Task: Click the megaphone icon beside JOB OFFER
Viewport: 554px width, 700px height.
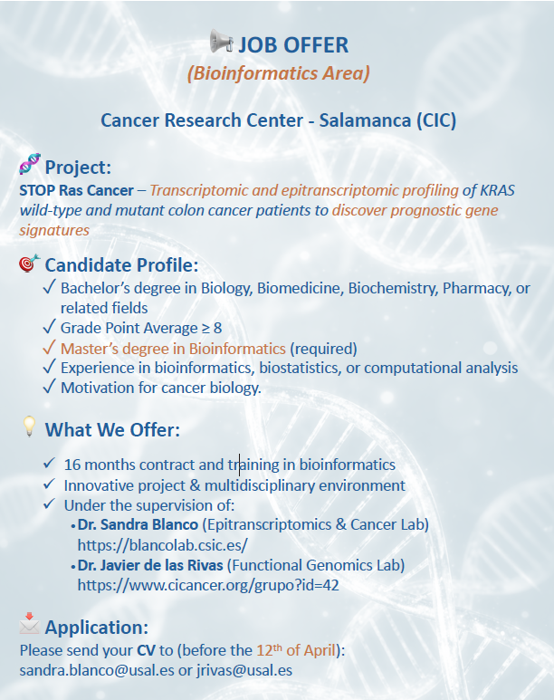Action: click(222, 41)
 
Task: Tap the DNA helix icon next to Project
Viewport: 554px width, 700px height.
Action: click(30, 164)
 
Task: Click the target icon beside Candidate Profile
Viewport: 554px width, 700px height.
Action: click(30, 264)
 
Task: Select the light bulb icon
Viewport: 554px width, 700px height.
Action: click(29, 427)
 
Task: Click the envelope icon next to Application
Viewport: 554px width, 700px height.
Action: click(30, 623)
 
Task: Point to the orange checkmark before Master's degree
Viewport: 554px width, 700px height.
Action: click(49, 347)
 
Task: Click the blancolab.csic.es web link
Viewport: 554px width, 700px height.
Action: click(163, 545)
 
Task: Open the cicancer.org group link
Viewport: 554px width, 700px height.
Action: click(208, 585)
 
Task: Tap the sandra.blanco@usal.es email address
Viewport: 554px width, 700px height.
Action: click(97, 670)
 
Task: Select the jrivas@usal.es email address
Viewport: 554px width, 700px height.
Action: click(244, 670)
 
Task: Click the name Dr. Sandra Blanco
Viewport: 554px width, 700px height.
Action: click(138, 524)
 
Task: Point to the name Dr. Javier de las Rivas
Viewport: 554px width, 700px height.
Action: click(150, 565)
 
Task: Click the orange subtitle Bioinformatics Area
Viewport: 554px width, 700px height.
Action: click(279, 73)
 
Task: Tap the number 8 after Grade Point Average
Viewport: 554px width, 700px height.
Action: click(217, 328)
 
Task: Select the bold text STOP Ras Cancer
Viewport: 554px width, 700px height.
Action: click(76, 190)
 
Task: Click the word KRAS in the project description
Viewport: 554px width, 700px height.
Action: click(497, 190)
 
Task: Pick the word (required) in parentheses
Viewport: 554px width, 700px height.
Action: click(324, 349)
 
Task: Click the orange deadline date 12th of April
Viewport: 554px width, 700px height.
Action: click(296, 650)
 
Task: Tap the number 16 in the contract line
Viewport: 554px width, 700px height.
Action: click(72, 465)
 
